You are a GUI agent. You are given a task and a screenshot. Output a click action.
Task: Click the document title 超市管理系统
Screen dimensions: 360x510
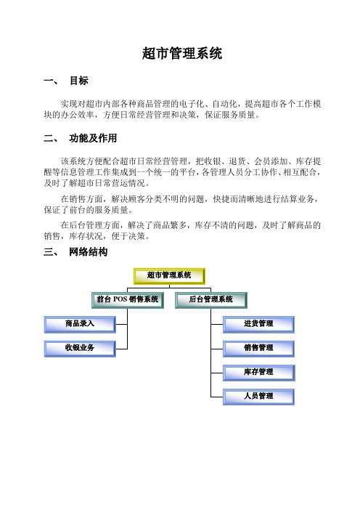[182, 53]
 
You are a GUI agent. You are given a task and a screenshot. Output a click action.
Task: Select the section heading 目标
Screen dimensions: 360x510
[79, 81]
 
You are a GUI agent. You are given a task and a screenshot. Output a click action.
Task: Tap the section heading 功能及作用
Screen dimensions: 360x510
[93, 138]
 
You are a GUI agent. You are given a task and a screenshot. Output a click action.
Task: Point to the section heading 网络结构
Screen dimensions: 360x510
[88, 252]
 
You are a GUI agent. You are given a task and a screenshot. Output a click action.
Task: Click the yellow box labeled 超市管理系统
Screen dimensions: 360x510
[169, 276]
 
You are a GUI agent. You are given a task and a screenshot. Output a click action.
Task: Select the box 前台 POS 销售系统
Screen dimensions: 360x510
[128, 300]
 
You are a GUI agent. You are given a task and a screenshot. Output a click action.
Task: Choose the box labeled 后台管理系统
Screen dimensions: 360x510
[211, 300]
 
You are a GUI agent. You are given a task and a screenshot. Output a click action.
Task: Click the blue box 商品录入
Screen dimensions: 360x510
[80, 325]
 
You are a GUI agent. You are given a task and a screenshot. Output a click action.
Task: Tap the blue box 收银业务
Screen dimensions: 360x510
[80, 349]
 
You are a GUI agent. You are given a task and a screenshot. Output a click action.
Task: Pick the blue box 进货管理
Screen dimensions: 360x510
[258, 325]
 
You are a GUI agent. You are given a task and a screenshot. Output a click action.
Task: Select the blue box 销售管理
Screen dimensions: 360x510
[258, 349]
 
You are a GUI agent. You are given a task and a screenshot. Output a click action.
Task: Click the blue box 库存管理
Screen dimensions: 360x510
[258, 373]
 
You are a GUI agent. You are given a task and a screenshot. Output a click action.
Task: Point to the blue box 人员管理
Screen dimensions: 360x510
[258, 397]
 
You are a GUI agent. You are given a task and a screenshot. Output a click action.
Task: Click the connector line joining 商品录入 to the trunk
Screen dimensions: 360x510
[121, 324]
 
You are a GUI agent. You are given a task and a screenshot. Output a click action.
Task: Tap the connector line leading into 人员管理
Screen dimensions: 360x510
[217, 397]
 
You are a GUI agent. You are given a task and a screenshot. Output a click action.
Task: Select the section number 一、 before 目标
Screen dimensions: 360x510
[51, 81]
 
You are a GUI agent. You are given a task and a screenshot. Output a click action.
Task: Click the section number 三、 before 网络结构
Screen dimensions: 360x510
[51, 252]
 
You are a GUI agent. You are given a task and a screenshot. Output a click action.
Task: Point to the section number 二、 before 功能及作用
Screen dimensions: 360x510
[51, 138]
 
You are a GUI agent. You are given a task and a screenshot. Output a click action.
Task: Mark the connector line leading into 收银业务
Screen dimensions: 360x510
[121, 349]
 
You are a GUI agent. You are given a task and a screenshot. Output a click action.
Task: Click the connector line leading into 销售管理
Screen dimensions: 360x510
[217, 349]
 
